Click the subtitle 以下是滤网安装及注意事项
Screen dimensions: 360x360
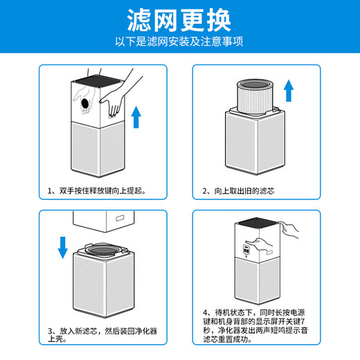tap(179, 42)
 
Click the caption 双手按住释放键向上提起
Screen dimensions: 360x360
tap(96, 190)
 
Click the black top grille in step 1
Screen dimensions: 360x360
tap(97, 82)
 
